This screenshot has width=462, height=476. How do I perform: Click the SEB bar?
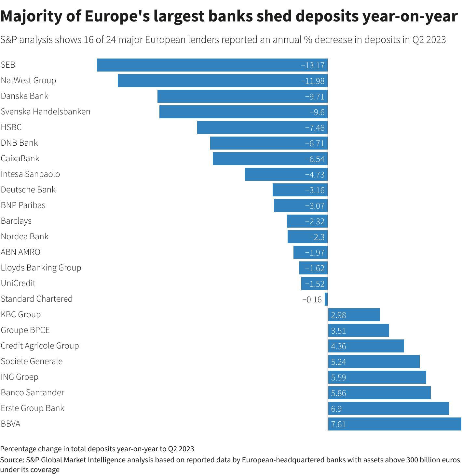(211, 65)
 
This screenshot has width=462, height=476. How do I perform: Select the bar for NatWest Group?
(223, 81)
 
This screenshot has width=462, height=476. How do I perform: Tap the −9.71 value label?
(315, 97)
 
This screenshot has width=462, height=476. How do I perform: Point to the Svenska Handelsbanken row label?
(46, 112)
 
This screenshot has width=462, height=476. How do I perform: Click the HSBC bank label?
(11, 127)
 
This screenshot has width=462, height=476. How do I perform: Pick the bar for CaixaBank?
(270, 159)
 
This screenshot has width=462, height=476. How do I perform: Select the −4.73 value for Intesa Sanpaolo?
(315, 175)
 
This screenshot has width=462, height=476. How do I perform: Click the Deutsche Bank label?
(28, 190)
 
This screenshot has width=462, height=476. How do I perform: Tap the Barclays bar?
(307, 221)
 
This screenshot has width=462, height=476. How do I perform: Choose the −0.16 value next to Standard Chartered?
(312, 299)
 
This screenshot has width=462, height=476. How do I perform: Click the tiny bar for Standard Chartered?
(326, 299)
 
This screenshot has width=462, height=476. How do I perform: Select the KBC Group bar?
(354, 315)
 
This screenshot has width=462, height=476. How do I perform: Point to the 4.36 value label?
(338, 346)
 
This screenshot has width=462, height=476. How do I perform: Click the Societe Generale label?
(32, 361)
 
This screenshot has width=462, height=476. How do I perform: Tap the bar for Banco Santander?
(379, 393)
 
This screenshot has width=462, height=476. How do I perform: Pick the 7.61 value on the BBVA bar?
(338, 424)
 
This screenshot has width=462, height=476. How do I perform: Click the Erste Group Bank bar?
(388, 408)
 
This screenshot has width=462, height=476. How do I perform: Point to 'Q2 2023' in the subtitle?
(429, 40)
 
